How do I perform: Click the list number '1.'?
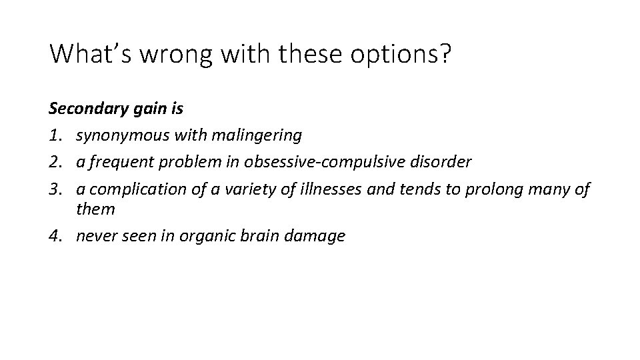57,136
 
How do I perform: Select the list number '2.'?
57,162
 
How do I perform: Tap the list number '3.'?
57,189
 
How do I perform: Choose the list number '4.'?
57,235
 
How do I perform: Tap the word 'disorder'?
445,162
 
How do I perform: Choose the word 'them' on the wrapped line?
95,209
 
